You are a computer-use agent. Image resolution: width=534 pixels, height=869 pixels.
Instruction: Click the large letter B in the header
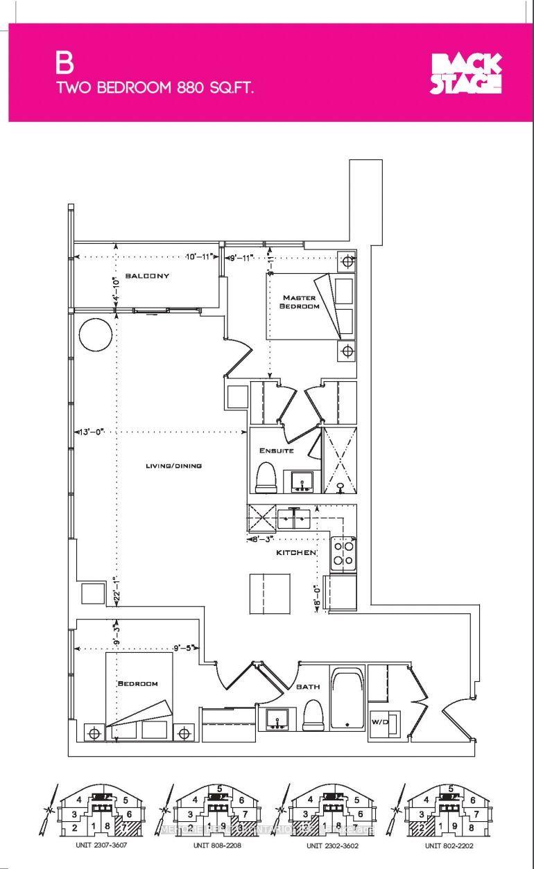[65, 64]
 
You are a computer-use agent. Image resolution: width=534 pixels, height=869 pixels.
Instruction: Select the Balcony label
[147, 276]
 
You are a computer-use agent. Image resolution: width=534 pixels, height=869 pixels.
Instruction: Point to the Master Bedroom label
[299, 301]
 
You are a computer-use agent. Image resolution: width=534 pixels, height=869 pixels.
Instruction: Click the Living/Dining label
[173, 466]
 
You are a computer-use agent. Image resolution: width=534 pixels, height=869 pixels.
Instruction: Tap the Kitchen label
[296, 552]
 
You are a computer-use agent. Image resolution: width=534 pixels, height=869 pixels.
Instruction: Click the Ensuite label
[277, 450]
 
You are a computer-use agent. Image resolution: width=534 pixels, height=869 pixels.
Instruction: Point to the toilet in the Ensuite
[266, 479]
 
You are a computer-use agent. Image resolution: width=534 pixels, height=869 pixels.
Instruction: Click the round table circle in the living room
[96, 335]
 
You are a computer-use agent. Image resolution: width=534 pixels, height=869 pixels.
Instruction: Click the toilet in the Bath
[313, 714]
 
